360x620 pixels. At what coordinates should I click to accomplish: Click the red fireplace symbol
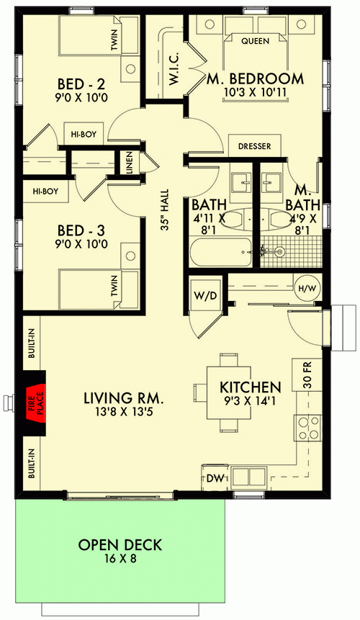click(34, 398)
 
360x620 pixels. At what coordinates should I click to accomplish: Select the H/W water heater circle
click(305, 289)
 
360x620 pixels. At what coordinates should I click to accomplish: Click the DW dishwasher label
click(214, 476)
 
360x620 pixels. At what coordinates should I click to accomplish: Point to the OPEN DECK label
click(120, 544)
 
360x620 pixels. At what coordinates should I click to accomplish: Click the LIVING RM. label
click(124, 397)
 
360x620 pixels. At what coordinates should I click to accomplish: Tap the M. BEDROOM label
click(255, 78)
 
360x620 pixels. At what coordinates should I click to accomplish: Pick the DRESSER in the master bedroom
click(254, 146)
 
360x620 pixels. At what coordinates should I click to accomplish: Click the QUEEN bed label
click(255, 41)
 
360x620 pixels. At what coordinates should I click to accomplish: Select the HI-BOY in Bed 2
click(84, 133)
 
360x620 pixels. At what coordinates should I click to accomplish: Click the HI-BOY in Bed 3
click(45, 192)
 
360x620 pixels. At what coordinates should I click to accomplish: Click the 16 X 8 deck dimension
click(120, 559)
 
